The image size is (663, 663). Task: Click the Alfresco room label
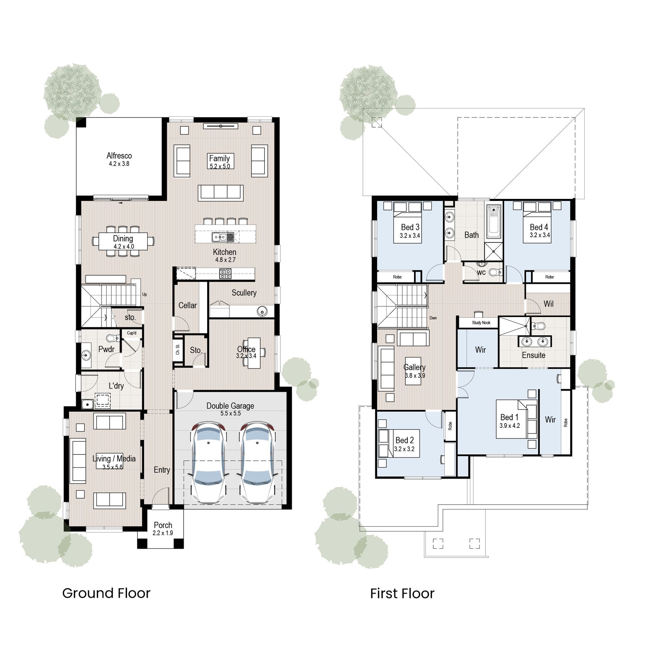[x=119, y=156]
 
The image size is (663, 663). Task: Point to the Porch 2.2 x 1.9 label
[x=163, y=529]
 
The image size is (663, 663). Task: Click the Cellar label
[x=188, y=306]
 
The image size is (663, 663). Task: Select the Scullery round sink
[x=262, y=311]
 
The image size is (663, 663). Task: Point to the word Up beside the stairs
[x=144, y=295]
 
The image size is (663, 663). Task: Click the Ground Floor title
[x=106, y=593]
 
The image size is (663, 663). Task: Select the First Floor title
[x=402, y=594]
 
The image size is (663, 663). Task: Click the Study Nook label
[x=481, y=323]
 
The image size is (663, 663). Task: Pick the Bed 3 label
[x=410, y=227]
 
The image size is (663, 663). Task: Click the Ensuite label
[x=534, y=355]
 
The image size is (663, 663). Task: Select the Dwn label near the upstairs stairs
[x=433, y=318]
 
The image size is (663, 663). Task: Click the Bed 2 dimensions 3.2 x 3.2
[x=404, y=449]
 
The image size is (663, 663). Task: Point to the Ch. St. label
[x=178, y=350]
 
